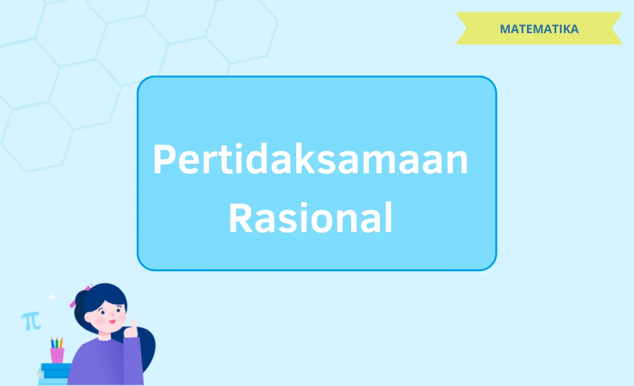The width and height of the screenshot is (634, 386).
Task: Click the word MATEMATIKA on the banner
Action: [539, 29]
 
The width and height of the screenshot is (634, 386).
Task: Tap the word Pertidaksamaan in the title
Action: [310, 159]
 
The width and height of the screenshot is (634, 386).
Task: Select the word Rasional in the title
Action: [310, 218]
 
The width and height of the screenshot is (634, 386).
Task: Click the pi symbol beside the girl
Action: [31, 321]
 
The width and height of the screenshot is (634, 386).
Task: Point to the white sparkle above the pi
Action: [52, 296]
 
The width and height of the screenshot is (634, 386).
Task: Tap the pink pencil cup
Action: [57, 355]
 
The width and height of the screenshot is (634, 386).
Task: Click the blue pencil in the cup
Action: [53, 343]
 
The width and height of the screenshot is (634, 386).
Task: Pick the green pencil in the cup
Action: [56, 342]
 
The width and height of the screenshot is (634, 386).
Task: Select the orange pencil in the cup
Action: [61, 342]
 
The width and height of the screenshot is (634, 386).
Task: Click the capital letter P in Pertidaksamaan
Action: [165, 159]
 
